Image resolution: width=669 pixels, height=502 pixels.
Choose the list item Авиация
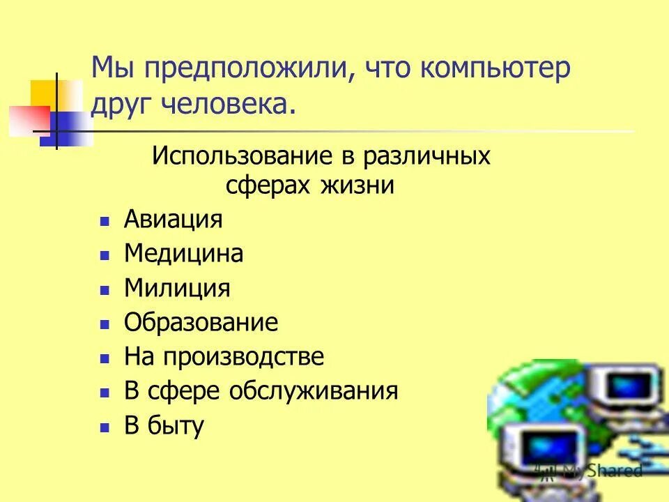pos(173,220)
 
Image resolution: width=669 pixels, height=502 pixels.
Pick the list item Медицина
pos(183,254)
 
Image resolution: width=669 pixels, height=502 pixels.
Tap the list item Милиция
pos(176,288)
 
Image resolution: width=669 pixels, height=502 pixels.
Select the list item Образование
pos(201,322)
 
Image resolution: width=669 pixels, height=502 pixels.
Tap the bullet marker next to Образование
pos(105,324)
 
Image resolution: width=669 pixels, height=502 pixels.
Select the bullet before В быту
pos(105,427)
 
